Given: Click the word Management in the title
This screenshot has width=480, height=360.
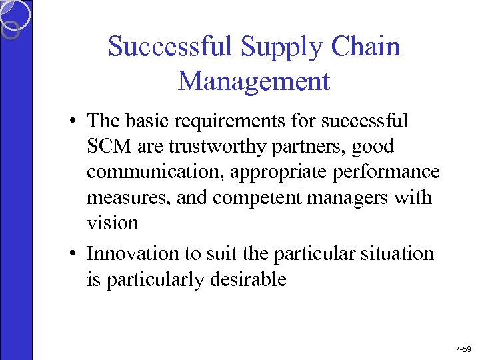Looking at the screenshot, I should click(254, 81).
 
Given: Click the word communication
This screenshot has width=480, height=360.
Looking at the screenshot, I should click(155, 171).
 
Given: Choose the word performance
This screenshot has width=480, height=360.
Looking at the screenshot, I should click(387, 171).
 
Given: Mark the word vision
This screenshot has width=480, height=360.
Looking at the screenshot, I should click(112, 222).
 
